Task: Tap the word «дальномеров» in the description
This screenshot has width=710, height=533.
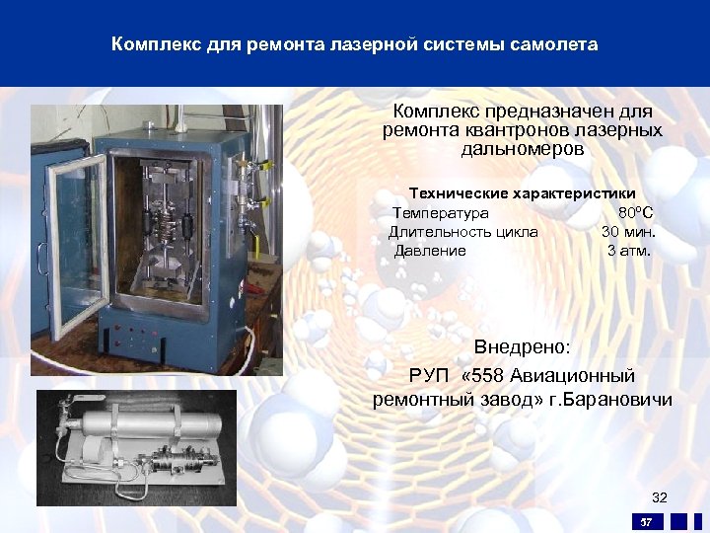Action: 522,149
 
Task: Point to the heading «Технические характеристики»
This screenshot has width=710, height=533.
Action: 522,193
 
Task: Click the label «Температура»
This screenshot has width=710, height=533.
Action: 440,213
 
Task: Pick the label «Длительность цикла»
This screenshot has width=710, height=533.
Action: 462,232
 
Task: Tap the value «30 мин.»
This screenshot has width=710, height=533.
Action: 628,232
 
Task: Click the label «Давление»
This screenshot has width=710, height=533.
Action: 430,251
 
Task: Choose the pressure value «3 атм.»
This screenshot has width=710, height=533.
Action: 628,251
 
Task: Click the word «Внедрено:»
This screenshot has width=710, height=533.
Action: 522,347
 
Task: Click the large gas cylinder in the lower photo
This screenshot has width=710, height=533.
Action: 138,429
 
